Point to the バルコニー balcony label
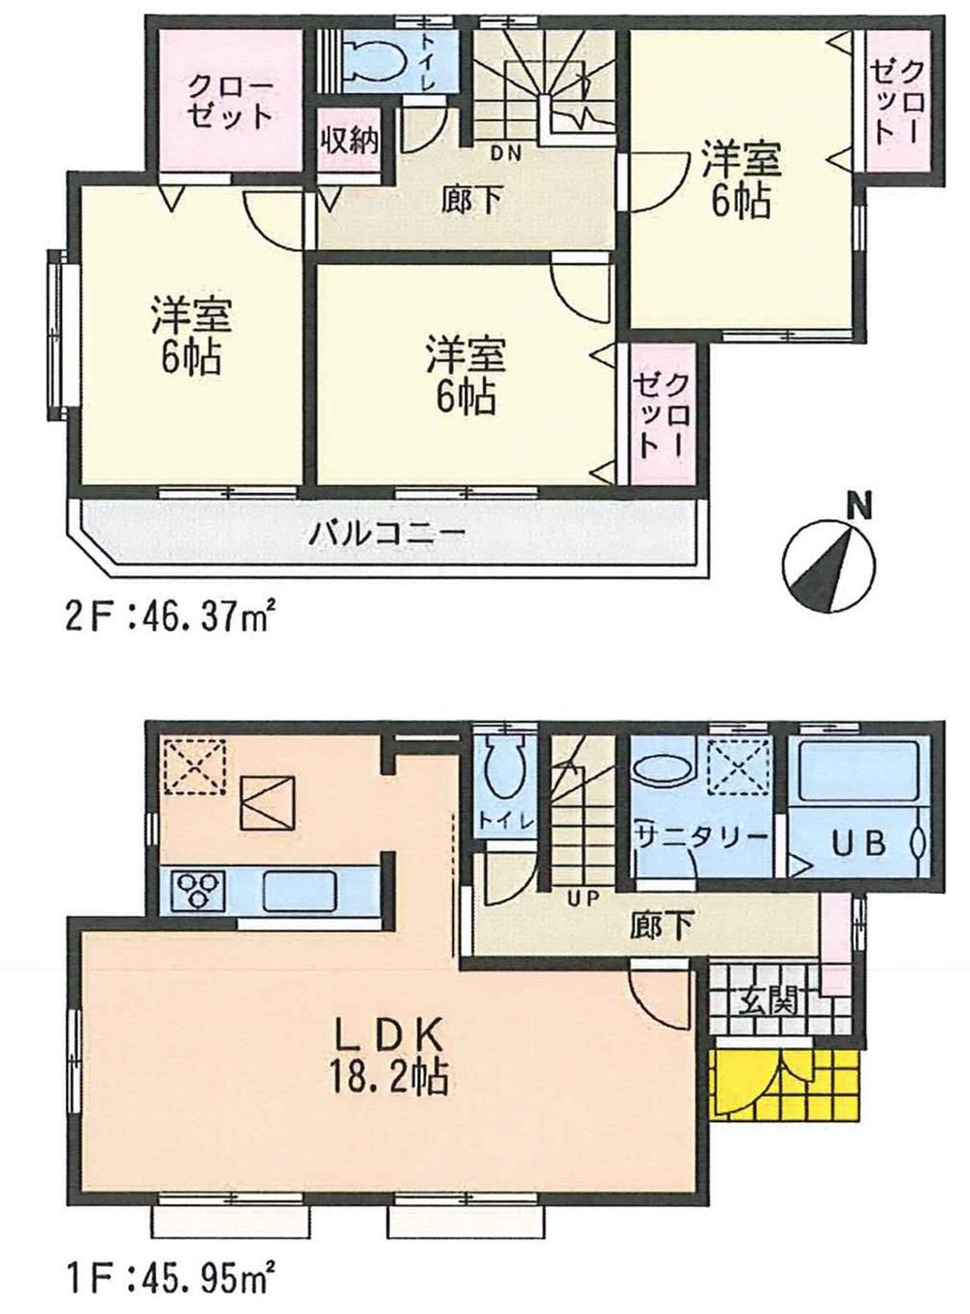tap(389, 533)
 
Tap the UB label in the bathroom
tap(856, 842)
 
